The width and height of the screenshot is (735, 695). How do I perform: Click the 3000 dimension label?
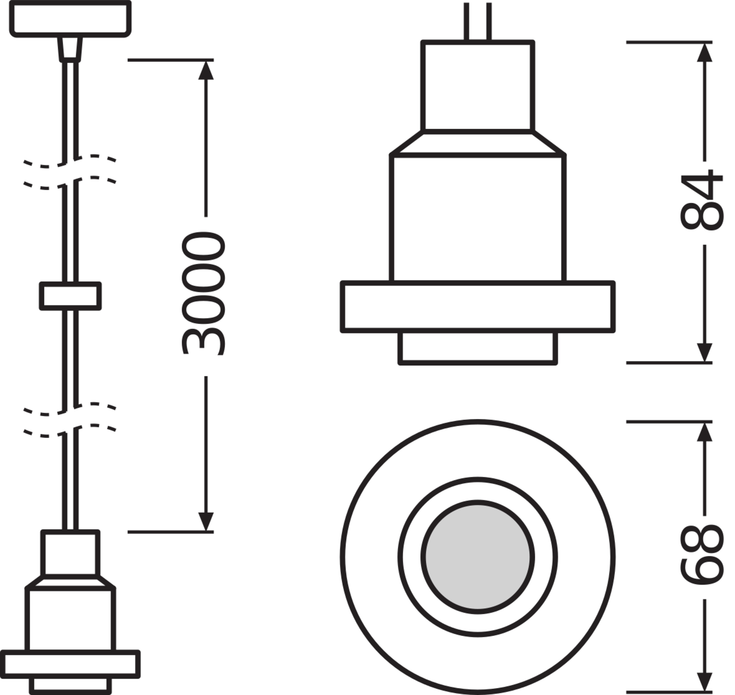tap(203, 293)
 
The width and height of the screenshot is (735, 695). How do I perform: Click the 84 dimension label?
tap(702, 200)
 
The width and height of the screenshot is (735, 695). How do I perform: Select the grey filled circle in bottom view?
tap(477, 557)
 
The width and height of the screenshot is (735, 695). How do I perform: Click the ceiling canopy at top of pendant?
tap(70, 19)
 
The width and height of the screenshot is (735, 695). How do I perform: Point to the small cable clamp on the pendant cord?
tap(70, 296)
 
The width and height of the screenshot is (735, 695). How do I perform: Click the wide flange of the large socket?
tap(477, 306)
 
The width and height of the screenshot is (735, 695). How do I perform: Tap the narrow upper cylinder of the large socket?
tap(477, 86)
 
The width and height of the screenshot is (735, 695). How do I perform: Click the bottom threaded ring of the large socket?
tap(477, 347)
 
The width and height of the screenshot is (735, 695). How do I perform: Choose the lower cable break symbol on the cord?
tap(70, 419)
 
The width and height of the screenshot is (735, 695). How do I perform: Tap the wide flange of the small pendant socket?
tap(70, 664)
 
